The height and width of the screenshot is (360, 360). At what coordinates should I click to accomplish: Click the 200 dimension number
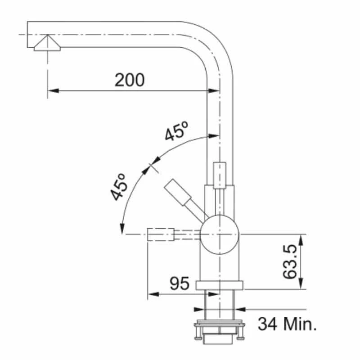(x=130, y=80)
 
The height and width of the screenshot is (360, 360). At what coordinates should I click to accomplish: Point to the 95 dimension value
(x=179, y=283)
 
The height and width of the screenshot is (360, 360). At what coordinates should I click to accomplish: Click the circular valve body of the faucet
(x=218, y=234)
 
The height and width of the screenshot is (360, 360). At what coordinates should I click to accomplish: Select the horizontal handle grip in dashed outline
(x=160, y=234)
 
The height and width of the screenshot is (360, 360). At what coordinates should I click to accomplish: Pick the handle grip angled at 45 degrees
(x=178, y=192)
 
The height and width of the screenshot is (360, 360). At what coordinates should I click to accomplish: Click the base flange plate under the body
(x=219, y=284)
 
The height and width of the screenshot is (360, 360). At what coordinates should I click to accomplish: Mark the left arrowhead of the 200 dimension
(x=51, y=91)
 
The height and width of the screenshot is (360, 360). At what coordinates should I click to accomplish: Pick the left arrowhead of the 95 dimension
(x=151, y=295)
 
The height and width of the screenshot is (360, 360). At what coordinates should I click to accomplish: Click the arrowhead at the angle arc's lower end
(x=121, y=230)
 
